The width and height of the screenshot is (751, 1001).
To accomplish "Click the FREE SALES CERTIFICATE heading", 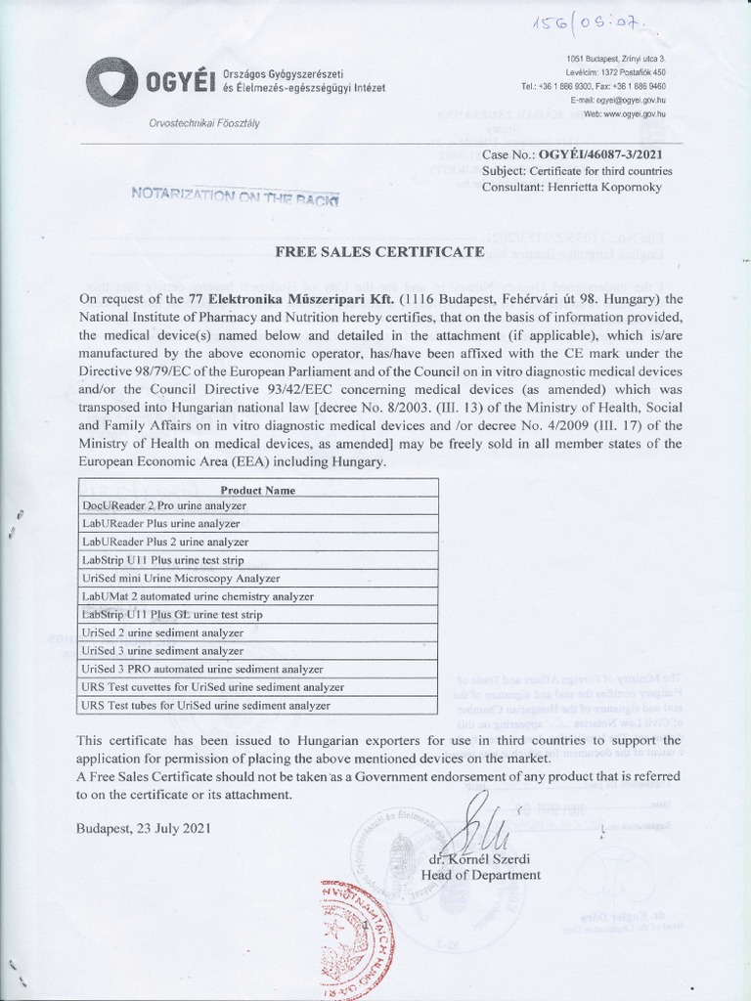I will pyautogui.click(x=379, y=252).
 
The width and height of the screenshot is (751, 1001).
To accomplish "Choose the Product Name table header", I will pyautogui.click(x=258, y=489).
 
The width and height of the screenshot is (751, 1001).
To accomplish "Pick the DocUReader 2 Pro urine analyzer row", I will pyautogui.click(x=164, y=505).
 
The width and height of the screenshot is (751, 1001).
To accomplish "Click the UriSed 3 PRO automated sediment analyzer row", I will pyautogui.click(x=202, y=669).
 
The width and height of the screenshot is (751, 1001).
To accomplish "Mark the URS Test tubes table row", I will pyautogui.click(x=206, y=705).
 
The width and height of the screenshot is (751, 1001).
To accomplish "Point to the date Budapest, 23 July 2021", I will pyautogui.click(x=143, y=828).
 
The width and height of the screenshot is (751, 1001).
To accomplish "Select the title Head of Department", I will pyautogui.click(x=480, y=875).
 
